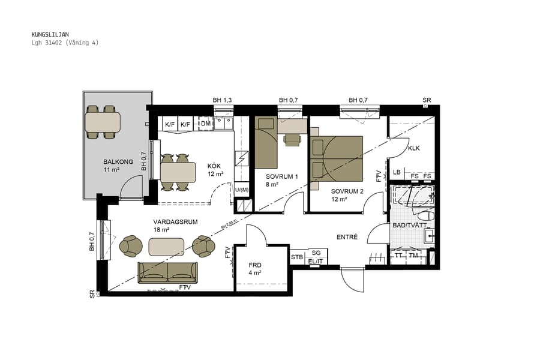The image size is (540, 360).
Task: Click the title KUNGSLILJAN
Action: coord(50,35)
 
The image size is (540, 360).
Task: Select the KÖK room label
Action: coord(215,166)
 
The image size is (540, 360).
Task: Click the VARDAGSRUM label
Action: coord(175,221)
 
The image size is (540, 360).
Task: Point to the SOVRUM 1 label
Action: coord(282,176)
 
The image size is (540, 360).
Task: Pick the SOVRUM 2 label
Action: coord(347,191)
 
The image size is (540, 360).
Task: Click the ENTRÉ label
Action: coord(347,237)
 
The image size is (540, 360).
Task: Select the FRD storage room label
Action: coord(256,265)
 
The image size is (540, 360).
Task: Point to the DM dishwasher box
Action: coord(205,124)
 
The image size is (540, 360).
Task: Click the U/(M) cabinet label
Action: coord(241,190)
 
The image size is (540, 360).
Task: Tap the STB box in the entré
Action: coord(297,257)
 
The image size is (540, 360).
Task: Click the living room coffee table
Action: coord(166,247)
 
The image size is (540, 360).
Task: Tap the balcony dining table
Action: coord(103,122)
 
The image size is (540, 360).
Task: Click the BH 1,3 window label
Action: coord(222,100)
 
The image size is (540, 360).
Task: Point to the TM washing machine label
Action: coord(413,255)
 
